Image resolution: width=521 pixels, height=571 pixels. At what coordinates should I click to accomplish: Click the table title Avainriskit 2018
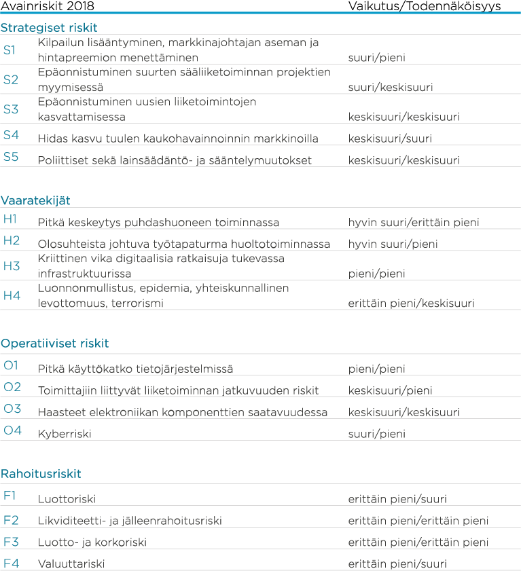click(x=47, y=6)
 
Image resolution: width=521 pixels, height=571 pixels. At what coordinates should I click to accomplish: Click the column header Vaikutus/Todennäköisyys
click(x=425, y=6)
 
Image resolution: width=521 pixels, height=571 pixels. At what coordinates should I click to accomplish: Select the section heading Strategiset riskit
click(x=49, y=28)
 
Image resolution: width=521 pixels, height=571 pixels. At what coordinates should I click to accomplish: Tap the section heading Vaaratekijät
click(x=35, y=200)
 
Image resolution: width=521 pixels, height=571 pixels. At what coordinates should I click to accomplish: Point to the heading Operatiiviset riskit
click(x=54, y=344)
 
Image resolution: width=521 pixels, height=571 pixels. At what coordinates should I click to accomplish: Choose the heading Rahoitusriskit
click(x=41, y=473)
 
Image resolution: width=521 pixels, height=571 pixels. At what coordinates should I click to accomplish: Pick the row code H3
click(x=12, y=266)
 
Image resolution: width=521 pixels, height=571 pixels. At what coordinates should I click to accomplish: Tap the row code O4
click(x=12, y=430)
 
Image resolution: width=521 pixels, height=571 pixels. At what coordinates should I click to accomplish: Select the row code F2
click(x=11, y=521)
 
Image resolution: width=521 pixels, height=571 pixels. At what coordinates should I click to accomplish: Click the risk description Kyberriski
click(x=65, y=433)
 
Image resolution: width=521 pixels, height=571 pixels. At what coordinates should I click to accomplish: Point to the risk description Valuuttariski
click(x=71, y=564)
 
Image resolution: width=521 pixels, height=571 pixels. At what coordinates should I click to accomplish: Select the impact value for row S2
click(x=391, y=87)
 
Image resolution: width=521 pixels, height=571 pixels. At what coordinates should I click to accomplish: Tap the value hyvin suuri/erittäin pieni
click(x=414, y=222)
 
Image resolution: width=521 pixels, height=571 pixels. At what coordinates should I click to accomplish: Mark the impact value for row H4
click(x=411, y=303)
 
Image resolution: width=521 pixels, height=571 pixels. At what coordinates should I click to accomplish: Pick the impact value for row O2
click(x=390, y=390)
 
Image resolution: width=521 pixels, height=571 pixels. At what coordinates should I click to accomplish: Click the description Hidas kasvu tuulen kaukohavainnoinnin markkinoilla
click(x=178, y=139)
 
